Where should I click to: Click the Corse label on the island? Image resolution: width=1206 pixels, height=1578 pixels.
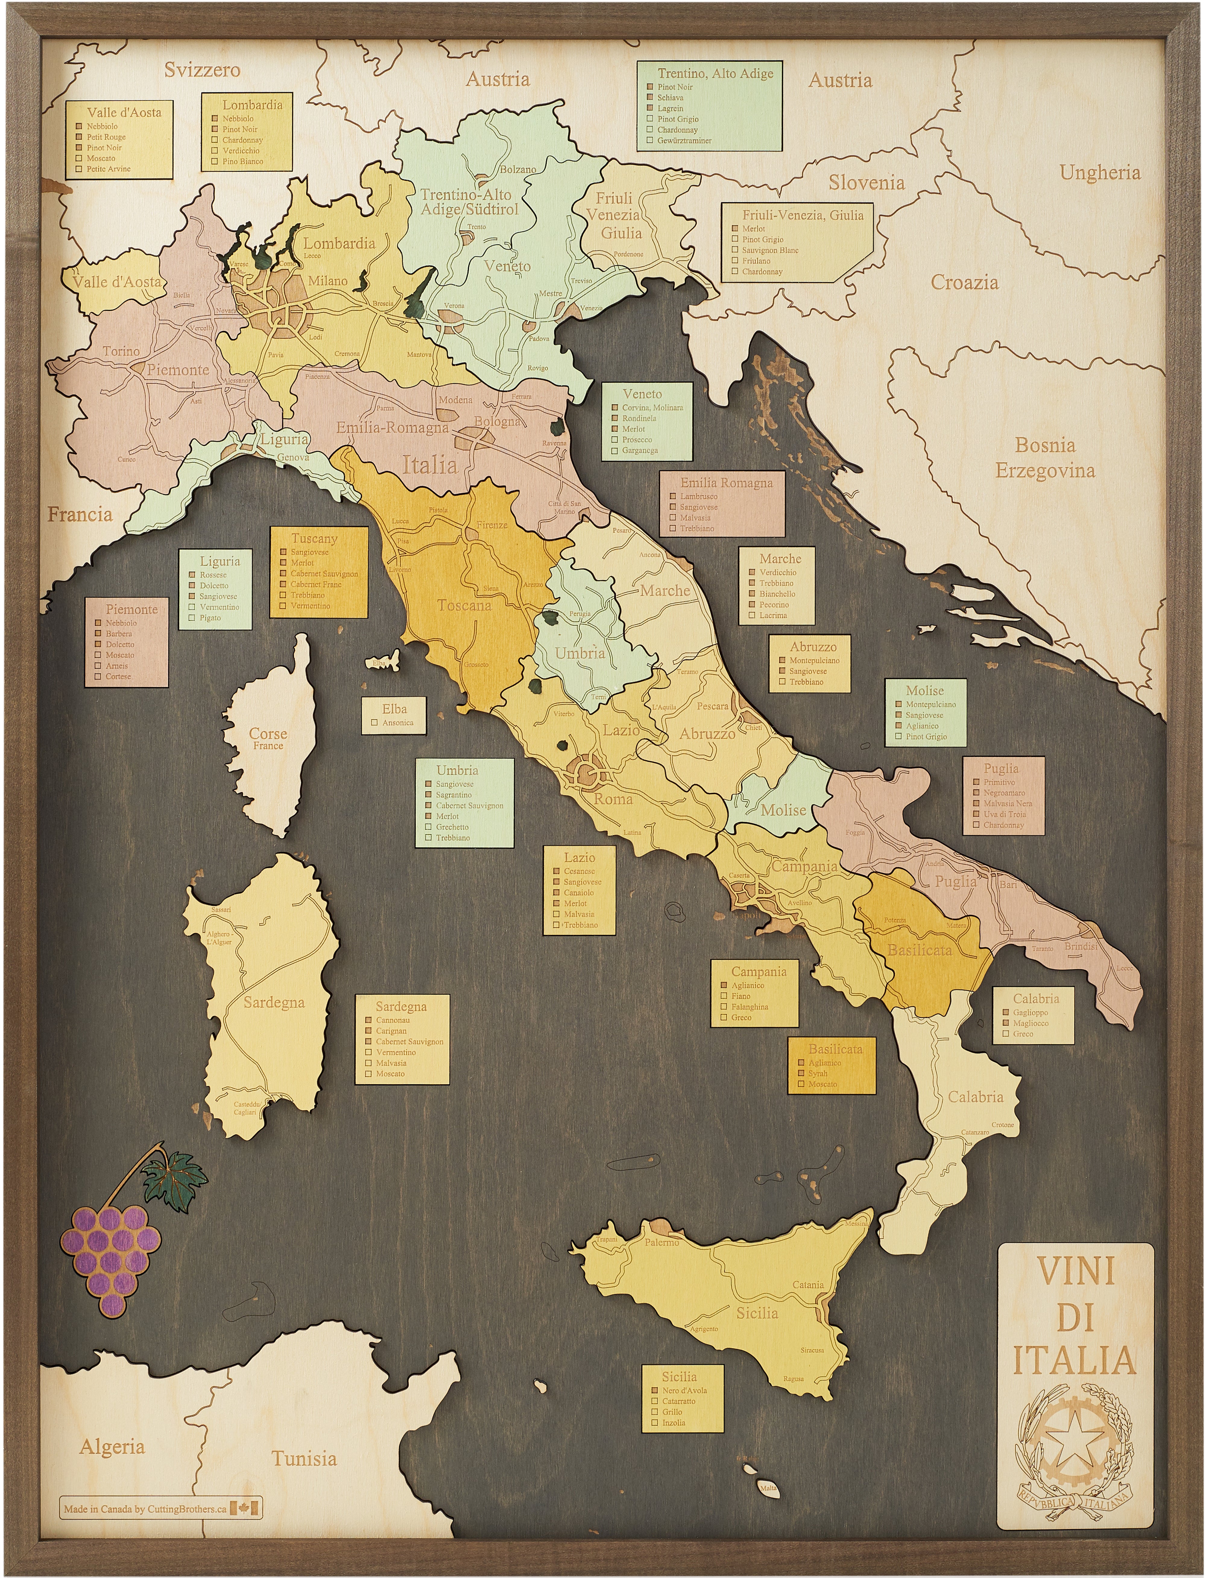coord(268,734)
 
